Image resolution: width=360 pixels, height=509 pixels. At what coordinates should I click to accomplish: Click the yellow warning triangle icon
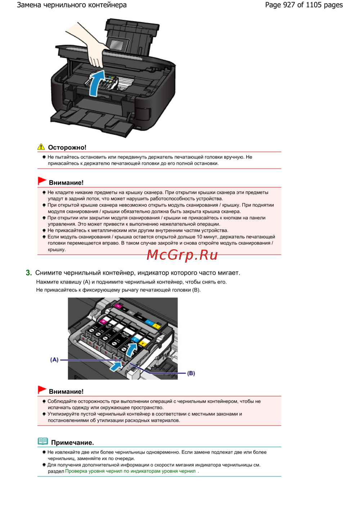coord(41,147)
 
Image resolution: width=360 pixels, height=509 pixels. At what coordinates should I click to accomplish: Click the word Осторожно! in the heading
coord(67,147)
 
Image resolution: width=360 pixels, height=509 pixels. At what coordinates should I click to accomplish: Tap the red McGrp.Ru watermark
coord(182,255)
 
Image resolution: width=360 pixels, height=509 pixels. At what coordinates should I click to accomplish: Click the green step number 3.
coord(29,273)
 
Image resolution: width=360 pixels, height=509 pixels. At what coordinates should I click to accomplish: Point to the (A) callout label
coord(54,360)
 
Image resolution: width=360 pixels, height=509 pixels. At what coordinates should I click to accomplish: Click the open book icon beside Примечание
coord(43,441)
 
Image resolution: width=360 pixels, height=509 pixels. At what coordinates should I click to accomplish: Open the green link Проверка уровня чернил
coord(130,471)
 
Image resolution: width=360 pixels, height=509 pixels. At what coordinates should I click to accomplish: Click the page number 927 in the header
coord(289,5)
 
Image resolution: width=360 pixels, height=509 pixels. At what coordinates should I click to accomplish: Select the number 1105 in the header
coord(314,5)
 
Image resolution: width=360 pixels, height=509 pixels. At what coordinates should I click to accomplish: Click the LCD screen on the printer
coord(117,45)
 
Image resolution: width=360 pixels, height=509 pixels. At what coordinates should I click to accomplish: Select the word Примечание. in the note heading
coord(72,443)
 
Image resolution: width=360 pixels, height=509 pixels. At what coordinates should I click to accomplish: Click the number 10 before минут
coord(199,237)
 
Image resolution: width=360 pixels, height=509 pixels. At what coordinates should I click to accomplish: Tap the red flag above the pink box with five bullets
coord(42,181)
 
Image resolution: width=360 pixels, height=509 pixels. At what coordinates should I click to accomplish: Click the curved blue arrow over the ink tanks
coord(131,349)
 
